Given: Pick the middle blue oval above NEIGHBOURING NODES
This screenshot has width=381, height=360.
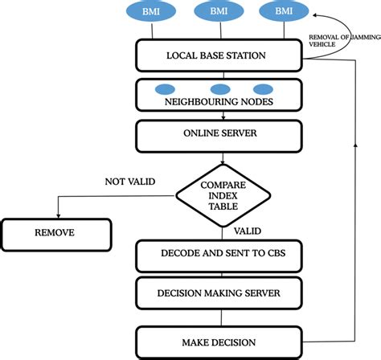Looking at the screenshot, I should [x=220, y=88].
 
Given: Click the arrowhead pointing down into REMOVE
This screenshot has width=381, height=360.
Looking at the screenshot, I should [x=56, y=215].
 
